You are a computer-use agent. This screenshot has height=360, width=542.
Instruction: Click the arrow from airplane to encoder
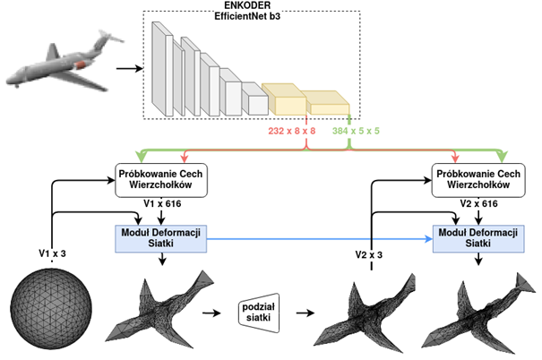[129, 67]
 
